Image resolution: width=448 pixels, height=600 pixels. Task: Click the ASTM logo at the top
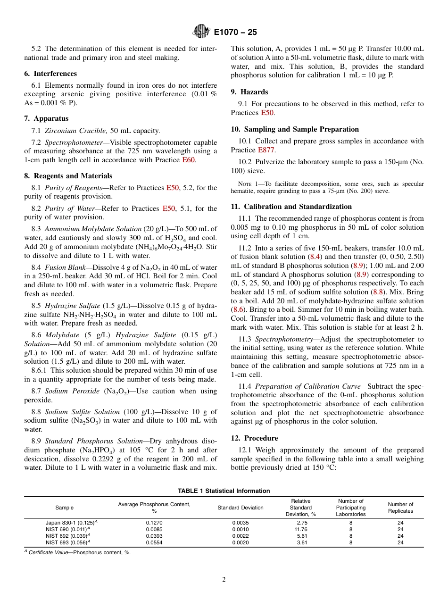(201, 32)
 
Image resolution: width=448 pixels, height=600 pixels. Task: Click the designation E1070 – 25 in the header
(235, 33)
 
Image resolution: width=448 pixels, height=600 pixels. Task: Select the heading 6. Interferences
(50, 74)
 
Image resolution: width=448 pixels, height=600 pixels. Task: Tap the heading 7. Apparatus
(46, 118)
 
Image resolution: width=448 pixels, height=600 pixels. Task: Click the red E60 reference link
(188, 160)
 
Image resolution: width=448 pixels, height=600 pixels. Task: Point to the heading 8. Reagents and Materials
(68, 176)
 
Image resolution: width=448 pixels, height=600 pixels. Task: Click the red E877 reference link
(266, 150)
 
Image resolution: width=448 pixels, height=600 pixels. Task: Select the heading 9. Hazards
(249, 92)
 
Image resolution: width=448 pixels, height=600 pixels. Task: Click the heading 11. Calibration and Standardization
(291, 207)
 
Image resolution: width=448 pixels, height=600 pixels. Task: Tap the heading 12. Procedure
(254, 438)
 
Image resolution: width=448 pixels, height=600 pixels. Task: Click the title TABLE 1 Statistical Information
(224, 491)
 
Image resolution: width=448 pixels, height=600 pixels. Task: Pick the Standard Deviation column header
(240, 508)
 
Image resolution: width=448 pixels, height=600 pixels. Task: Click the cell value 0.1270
(154, 523)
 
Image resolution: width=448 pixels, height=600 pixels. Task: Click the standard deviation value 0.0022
(240, 536)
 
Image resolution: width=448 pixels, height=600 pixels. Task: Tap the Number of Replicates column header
(400, 508)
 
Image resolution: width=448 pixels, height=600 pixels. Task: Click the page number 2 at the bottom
(224, 580)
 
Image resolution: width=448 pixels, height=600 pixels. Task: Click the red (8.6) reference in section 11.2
(237, 309)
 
